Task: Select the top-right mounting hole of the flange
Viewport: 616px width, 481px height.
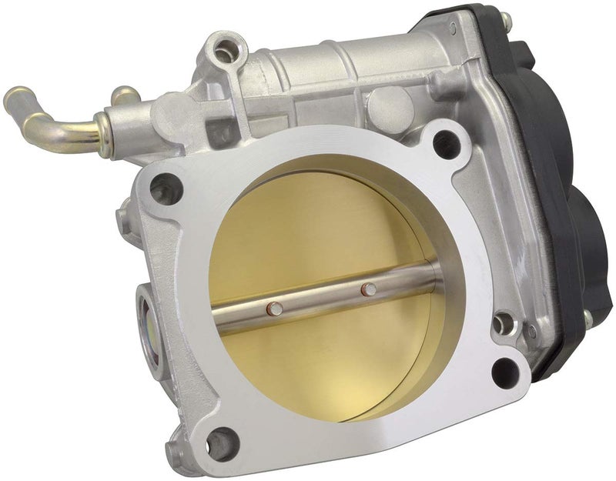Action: [x=444, y=143]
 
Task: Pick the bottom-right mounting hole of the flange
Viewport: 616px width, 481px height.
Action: [x=503, y=372]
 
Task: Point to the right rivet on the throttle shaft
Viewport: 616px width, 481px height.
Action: [x=370, y=289]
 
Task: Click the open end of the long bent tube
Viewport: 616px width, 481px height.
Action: [x=11, y=99]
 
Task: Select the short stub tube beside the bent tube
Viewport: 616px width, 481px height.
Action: [x=122, y=95]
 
